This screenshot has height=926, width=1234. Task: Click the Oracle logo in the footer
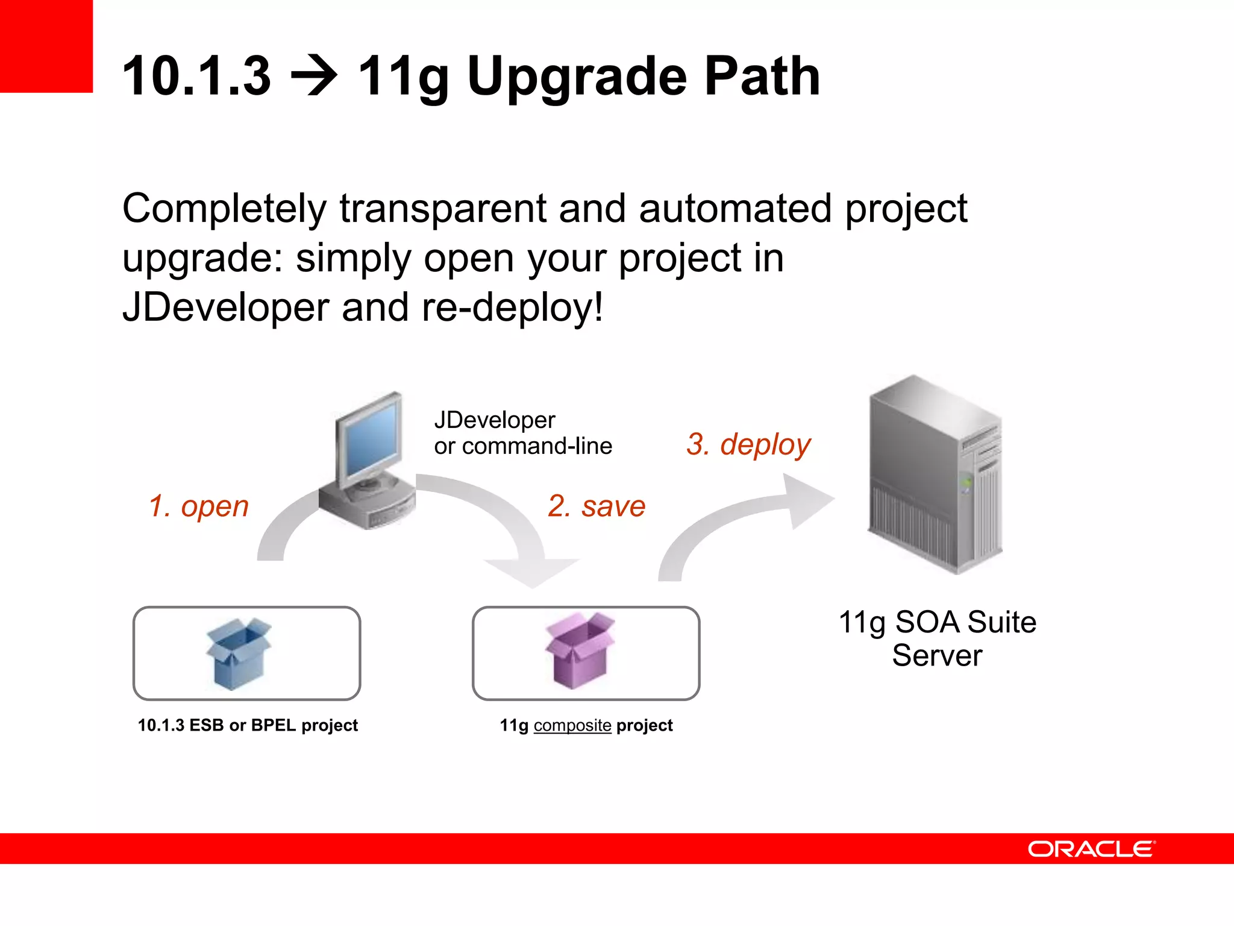(1091, 849)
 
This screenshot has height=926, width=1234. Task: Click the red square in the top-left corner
(46, 46)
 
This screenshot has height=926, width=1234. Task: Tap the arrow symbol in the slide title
(314, 77)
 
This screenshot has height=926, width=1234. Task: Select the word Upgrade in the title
(577, 77)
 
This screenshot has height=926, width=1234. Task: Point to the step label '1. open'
(199, 505)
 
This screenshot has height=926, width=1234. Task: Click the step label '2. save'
(597, 505)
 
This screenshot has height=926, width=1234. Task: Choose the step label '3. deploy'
(748, 444)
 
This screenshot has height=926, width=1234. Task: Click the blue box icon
(239, 654)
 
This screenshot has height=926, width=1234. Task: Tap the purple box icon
(580, 651)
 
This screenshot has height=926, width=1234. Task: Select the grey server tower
(935, 476)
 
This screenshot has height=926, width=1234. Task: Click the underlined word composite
(572, 725)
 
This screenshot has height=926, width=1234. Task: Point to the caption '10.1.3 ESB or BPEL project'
(248, 725)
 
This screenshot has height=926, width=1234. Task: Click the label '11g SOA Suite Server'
(937, 638)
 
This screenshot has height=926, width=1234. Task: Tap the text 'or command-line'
(523, 446)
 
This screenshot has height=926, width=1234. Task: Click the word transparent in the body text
(443, 209)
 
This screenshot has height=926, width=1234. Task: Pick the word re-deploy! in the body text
(512, 307)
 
